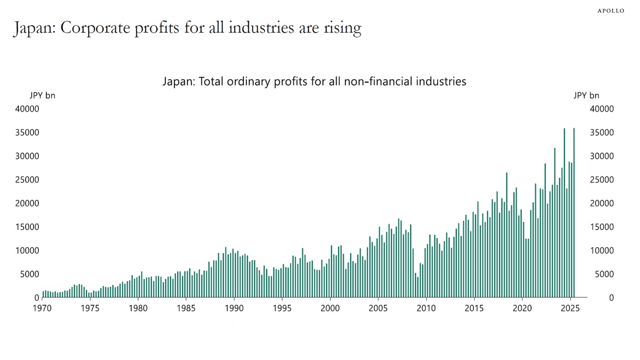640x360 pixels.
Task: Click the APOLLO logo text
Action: (610, 11)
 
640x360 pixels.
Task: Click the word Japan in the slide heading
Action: (32, 28)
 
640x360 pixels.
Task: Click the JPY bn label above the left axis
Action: (42, 96)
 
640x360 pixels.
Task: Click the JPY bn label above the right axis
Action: (586, 96)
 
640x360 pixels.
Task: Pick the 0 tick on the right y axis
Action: (611, 298)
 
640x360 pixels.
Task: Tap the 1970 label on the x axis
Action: (42, 308)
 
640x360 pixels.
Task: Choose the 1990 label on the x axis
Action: (234, 308)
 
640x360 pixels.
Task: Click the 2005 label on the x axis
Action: (378, 308)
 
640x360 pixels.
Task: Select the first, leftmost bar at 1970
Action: (43, 294)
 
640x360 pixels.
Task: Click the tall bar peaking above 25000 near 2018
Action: (506, 234)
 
